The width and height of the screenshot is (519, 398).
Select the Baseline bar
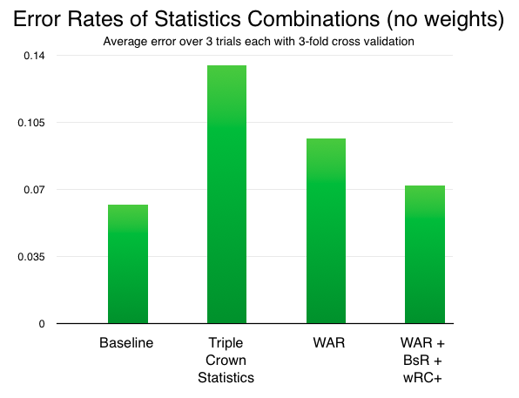pyautogui.click(x=128, y=264)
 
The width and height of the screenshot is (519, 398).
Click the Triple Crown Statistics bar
pyautogui.click(x=226, y=194)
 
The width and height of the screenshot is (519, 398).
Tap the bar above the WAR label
pyautogui.click(x=326, y=231)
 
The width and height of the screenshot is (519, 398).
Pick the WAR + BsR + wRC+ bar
pyautogui.click(x=425, y=254)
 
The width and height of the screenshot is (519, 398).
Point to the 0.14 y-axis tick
pyautogui.click(x=34, y=56)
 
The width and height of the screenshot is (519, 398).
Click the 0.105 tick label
pyautogui.click(x=31, y=123)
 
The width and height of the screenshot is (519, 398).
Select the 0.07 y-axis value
pyautogui.click(x=34, y=190)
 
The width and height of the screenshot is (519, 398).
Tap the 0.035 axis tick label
pyautogui.click(x=31, y=257)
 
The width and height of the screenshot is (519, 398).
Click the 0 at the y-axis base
pyautogui.click(x=42, y=324)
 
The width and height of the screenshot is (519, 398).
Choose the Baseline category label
pyautogui.click(x=126, y=343)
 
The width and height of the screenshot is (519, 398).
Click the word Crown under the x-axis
pyautogui.click(x=226, y=361)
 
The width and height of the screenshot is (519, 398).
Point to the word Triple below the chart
pyautogui.click(x=226, y=343)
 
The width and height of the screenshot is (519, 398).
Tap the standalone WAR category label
pyautogui.click(x=329, y=343)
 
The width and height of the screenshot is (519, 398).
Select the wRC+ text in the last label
pyautogui.click(x=422, y=378)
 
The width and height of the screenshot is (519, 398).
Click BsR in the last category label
pyautogui.click(x=415, y=361)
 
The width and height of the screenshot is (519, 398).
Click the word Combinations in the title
pyautogui.click(x=313, y=19)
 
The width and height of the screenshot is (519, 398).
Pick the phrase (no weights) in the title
pyautogui.click(x=445, y=20)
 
